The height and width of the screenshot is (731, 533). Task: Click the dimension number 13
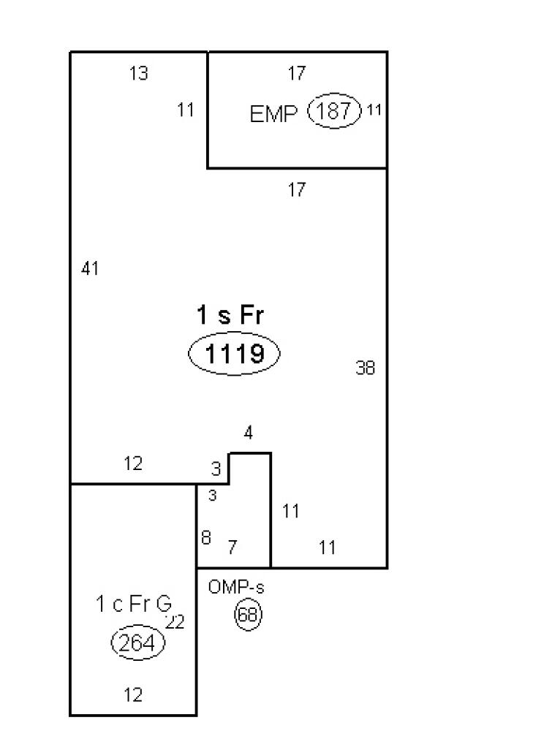click(138, 73)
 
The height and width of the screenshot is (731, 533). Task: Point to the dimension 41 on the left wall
click(90, 268)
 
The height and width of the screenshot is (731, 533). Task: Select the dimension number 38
click(365, 368)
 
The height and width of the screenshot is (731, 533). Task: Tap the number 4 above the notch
click(249, 433)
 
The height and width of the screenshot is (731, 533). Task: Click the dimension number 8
click(206, 537)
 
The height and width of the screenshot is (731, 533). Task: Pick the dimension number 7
click(233, 547)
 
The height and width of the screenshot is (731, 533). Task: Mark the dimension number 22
click(175, 621)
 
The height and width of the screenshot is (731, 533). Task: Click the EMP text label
click(273, 115)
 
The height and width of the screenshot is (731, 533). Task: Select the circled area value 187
click(334, 112)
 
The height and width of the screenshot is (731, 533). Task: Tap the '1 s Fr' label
click(230, 315)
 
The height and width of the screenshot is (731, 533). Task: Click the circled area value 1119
click(234, 355)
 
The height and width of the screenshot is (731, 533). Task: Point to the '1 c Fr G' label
click(134, 604)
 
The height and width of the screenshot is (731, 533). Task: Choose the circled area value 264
click(137, 643)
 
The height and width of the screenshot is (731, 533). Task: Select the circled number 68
click(248, 614)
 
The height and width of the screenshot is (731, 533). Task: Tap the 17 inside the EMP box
click(296, 73)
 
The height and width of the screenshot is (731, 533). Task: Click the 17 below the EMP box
click(296, 190)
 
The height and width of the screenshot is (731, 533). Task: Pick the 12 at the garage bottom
click(133, 694)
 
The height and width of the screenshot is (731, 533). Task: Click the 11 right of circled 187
click(374, 110)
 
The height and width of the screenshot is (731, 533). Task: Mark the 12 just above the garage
click(133, 463)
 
